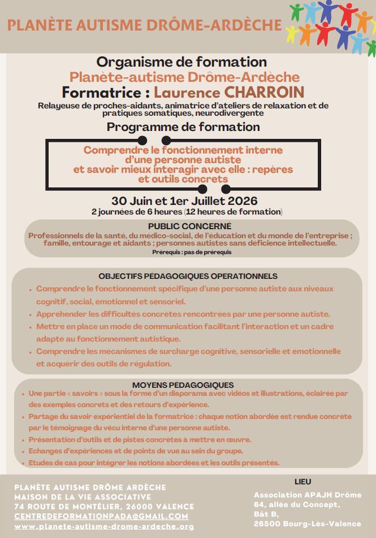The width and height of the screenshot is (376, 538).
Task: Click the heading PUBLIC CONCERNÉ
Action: [x=187, y=226]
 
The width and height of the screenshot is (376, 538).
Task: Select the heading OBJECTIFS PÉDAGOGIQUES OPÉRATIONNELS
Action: [x=188, y=276]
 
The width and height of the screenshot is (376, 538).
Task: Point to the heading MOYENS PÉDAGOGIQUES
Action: [x=187, y=384]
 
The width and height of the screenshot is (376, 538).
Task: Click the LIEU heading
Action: [x=303, y=482]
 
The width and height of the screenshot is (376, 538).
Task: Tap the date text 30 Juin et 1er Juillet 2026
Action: [x=184, y=200]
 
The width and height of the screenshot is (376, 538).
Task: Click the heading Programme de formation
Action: [x=183, y=127]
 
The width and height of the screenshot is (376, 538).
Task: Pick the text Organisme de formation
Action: [x=181, y=62]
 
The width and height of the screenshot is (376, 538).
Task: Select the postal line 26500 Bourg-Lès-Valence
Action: [x=308, y=523]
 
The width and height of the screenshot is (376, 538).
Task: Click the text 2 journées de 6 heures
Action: [x=136, y=212]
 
